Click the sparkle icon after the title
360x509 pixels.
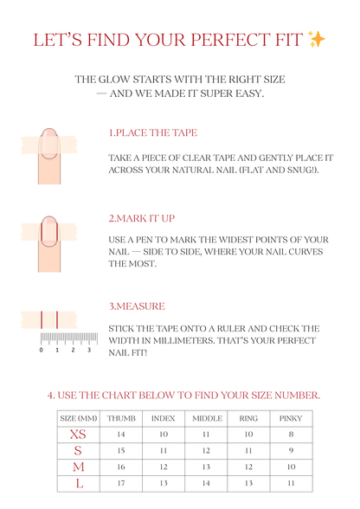click(x=317, y=40)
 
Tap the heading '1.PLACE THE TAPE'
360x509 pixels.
click(x=152, y=133)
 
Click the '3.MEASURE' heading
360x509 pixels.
click(x=136, y=306)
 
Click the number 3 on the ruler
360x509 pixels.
click(x=89, y=350)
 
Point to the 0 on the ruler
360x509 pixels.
click(x=42, y=350)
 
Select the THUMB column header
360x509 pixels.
click(x=121, y=418)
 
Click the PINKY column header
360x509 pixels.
click(x=291, y=418)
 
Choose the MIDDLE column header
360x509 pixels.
click(x=206, y=418)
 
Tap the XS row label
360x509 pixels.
click(x=78, y=434)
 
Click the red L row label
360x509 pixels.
click(x=78, y=483)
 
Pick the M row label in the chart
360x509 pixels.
click(x=78, y=467)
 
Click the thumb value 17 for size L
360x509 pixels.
click(x=121, y=483)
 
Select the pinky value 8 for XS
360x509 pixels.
click(x=291, y=434)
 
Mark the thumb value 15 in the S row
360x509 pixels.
click(x=121, y=450)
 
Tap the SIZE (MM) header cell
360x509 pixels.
click(x=78, y=418)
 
